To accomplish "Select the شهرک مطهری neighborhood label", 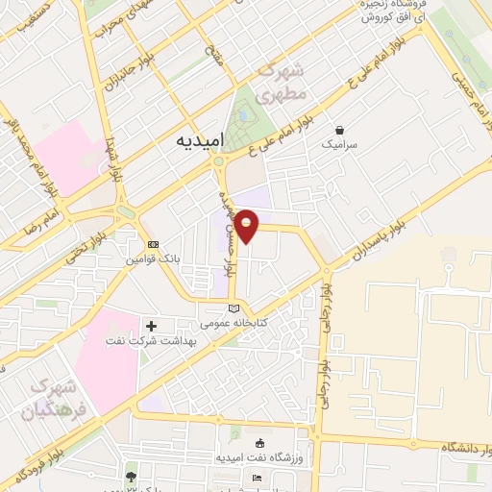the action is coord(285,83).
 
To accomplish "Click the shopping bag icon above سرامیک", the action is coord(338,130).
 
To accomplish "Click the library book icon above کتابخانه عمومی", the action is coord(233,307).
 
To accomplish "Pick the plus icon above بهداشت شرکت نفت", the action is coord(151,326).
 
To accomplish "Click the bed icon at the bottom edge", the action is coord(256,478).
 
